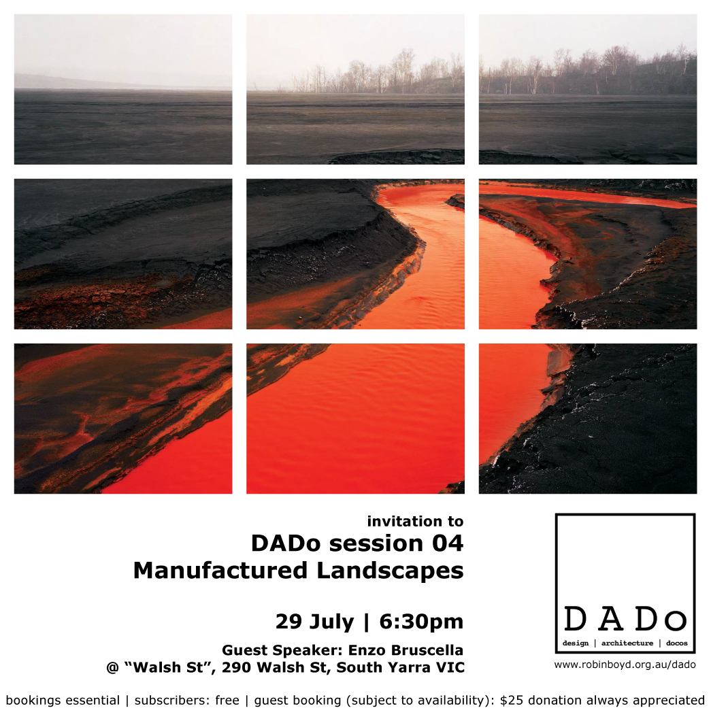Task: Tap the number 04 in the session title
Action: (x=448, y=543)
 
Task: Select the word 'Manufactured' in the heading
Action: (x=220, y=571)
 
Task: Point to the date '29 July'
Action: (x=314, y=622)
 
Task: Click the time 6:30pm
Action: (x=421, y=622)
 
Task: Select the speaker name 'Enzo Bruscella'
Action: (x=406, y=650)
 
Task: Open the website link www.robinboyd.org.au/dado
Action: (x=625, y=665)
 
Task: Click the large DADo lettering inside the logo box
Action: (x=625, y=619)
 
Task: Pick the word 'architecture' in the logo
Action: (x=627, y=643)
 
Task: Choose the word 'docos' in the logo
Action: (x=677, y=643)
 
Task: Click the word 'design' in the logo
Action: (x=576, y=643)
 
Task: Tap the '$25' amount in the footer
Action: (x=512, y=701)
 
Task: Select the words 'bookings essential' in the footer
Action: (x=63, y=701)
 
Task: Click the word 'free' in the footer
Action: (x=227, y=701)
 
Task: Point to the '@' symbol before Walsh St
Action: (x=112, y=668)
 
